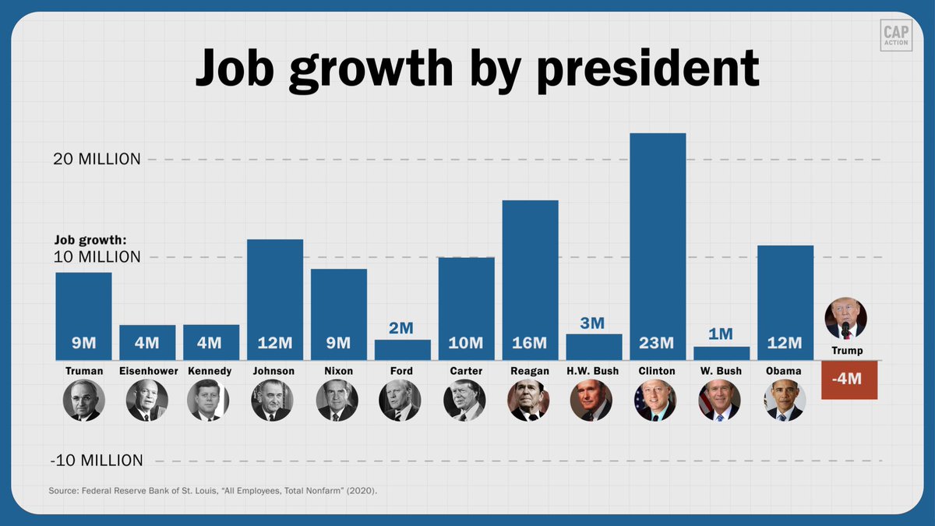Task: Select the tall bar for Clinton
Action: [x=658, y=242]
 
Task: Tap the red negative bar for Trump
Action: [x=849, y=379]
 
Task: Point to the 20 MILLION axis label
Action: [x=97, y=159]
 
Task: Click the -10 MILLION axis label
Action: [x=97, y=460]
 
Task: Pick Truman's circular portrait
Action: [x=83, y=401]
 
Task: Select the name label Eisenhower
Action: [x=147, y=371]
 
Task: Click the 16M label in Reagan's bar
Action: [x=530, y=344]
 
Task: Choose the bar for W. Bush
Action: [x=722, y=353]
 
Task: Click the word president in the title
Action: [x=649, y=69]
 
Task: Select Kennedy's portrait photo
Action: [x=209, y=401]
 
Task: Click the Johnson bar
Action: [x=275, y=296]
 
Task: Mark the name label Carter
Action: [x=466, y=371]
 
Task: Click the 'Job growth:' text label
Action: [x=90, y=240]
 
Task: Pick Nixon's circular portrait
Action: [x=337, y=401]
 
